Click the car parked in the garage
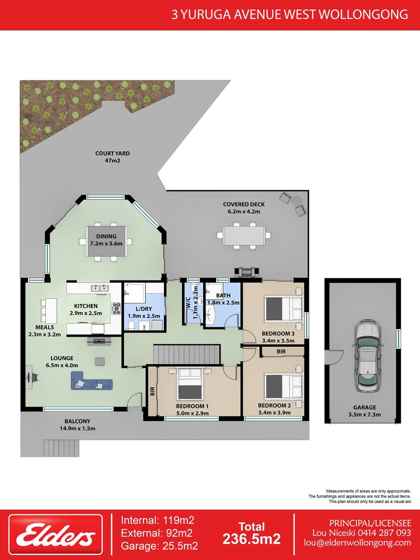pos(367,357)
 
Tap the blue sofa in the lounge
pos(92,384)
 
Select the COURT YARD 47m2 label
pos(113,157)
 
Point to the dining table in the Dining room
pos(106,242)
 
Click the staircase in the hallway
pos(187,355)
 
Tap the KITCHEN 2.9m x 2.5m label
pos(86,310)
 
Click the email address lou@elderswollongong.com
pos(357,542)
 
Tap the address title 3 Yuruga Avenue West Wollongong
pos(289,15)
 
